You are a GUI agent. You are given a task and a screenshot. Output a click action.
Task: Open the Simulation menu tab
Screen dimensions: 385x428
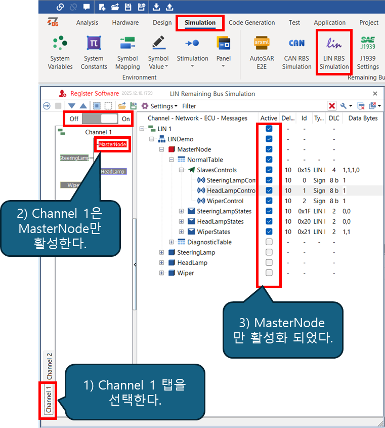200,23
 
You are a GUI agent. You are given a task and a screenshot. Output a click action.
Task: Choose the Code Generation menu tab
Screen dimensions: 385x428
251,23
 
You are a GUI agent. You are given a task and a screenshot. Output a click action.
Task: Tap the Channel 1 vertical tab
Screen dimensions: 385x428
49,400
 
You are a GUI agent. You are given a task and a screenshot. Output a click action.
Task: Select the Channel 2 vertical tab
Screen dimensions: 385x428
50,366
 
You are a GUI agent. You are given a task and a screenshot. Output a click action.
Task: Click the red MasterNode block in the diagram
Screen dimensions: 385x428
112,144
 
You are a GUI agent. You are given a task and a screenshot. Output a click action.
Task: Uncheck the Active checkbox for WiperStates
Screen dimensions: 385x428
269,231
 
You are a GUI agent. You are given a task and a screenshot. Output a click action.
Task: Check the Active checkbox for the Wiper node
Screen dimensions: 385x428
269,273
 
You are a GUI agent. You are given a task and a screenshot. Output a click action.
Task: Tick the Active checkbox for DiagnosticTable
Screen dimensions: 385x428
269,242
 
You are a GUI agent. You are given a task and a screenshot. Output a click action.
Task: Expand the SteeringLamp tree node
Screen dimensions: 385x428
162,252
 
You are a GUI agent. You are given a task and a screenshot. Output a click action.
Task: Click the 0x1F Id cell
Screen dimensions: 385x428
304,211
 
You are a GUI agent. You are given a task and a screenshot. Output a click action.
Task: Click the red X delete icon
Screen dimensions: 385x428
332,106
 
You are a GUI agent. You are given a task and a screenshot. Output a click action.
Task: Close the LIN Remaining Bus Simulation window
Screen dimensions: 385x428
375,94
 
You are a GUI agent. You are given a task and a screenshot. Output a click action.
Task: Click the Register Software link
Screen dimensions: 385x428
94,94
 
